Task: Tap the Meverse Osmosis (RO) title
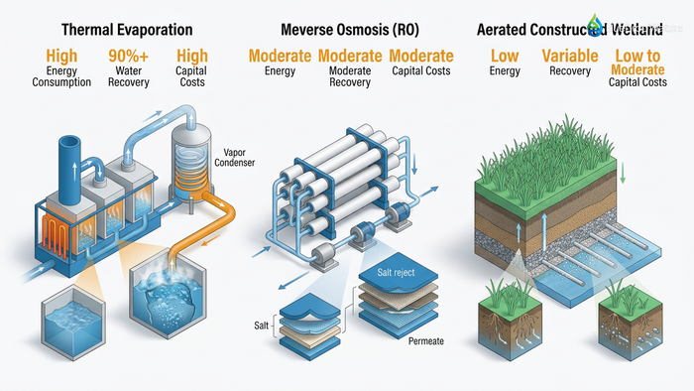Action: [x=349, y=29]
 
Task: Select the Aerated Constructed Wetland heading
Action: [x=575, y=29]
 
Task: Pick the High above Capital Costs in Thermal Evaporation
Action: [x=192, y=57]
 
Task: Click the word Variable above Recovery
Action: [x=568, y=57]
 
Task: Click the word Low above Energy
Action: [x=505, y=57]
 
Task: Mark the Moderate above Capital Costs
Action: [x=421, y=57]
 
